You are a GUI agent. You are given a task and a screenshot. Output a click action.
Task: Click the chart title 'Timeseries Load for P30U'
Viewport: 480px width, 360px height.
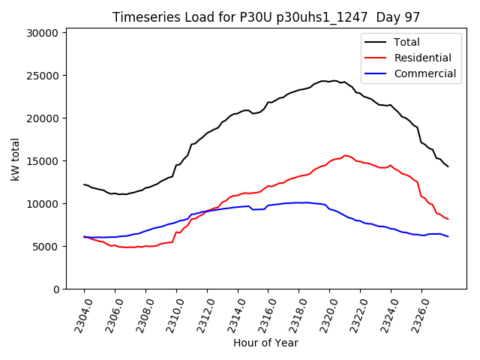tap(265, 16)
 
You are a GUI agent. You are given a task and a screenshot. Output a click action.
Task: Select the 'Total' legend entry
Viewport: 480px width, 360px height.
tap(406, 42)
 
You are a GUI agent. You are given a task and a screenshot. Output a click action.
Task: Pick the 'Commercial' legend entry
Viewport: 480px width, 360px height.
tap(424, 73)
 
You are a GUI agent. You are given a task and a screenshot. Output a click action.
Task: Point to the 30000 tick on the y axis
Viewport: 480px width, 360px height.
tap(43, 33)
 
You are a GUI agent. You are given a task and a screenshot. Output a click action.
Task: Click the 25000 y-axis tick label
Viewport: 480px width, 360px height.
tap(43, 76)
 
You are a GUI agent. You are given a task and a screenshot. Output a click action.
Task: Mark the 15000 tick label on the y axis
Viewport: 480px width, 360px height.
tap(43, 161)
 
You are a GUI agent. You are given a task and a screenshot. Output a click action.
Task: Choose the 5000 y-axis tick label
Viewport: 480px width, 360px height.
tap(46, 247)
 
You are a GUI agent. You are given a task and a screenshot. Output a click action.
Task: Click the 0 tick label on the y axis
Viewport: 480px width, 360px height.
tap(55, 289)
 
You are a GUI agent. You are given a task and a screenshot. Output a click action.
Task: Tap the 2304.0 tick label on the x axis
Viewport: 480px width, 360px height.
tap(79, 314)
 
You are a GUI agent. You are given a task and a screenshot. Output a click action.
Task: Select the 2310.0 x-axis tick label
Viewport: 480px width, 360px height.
tap(172, 314)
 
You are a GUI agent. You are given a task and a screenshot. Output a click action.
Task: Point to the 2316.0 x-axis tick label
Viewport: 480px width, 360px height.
tap(264, 314)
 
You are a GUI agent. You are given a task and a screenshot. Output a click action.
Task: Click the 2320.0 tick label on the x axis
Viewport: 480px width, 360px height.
tap(325, 314)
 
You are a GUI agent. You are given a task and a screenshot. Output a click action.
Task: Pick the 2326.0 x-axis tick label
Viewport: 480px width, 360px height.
tap(417, 314)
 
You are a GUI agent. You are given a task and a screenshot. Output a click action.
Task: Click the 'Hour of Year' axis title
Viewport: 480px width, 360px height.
tap(265, 343)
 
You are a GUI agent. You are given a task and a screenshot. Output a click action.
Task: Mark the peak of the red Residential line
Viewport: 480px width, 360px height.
tap(345, 155)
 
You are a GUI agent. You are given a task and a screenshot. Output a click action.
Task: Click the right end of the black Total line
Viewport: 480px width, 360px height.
tap(448, 166)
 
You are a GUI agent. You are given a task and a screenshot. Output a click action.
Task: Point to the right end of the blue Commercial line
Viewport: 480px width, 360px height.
tap(448, 236)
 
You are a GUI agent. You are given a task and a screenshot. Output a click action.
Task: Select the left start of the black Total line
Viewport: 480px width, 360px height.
tap(84, 184)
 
